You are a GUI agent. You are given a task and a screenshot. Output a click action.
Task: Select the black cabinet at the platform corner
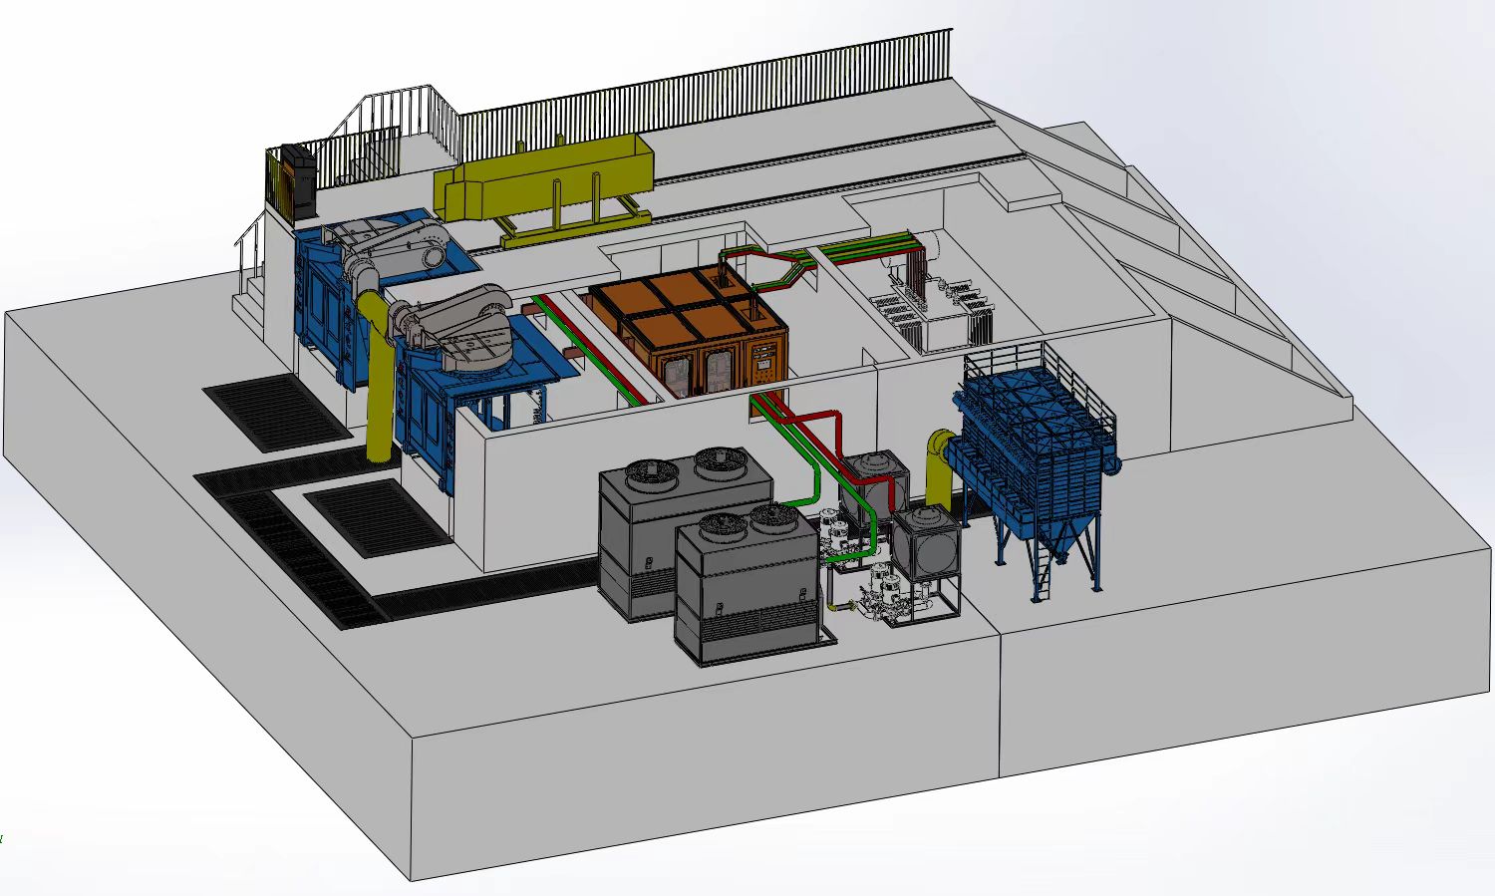pos(297,181)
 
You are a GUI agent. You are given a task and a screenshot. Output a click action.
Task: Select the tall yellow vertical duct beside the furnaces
pos(377,389)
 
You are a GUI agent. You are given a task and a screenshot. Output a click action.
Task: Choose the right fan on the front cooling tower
pos(768,516)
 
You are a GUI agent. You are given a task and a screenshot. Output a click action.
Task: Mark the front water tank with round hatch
pos(927,543)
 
